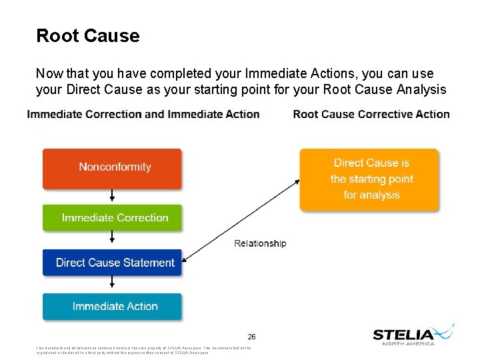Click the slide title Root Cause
87,35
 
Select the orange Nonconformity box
112,168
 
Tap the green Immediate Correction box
112,218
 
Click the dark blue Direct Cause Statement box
112,263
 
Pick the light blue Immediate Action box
112,307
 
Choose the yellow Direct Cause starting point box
369,179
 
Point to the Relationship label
260,243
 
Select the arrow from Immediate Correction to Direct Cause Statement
112,241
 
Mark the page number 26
251,337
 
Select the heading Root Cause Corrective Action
371,114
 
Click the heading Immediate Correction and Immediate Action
143,114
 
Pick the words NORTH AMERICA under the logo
408,343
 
